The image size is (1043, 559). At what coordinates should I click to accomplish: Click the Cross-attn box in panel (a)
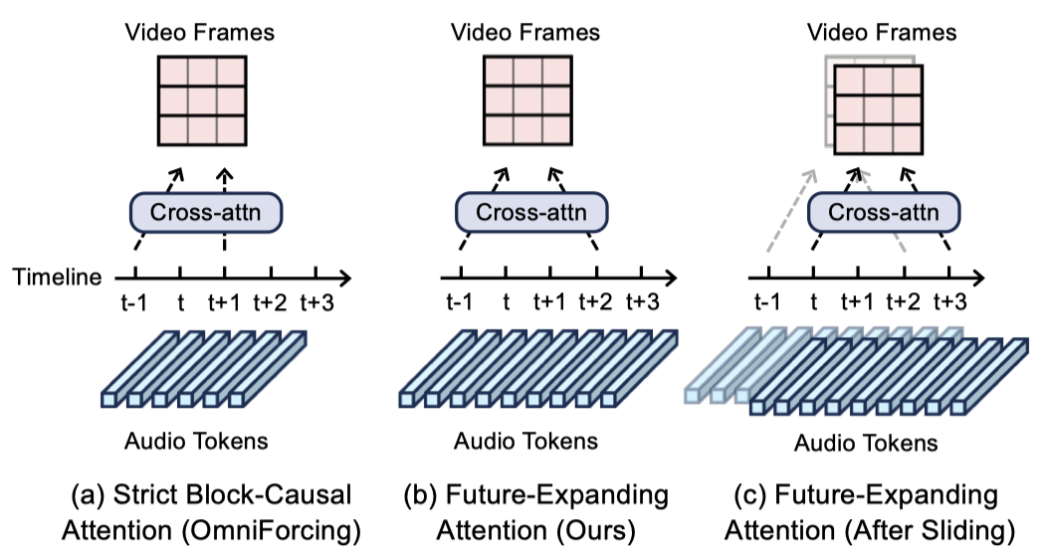[x=206, y=213]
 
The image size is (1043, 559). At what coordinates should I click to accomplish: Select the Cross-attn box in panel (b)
[x=531, y=213]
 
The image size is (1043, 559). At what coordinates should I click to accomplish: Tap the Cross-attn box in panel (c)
[x=884, y=213]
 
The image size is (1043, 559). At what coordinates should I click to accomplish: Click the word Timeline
[x=57, y=277]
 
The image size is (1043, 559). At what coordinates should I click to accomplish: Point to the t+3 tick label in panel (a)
[x=316, y=302]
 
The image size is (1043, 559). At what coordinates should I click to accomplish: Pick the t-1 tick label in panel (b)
[x=459, y=301]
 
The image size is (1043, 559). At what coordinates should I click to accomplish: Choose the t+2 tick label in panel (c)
[x=903, y=301]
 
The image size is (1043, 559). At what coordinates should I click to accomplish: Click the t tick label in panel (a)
[x=180, y=302]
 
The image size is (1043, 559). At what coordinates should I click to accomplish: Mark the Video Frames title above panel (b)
[x=525, y=32]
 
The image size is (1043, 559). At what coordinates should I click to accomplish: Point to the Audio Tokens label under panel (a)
[x=196, y=441]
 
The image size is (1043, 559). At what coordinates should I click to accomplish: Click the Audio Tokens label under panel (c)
[x=866, y=443]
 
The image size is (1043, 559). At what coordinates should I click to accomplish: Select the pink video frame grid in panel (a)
[x=202, y=100]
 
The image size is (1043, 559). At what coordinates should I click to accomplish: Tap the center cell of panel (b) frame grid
[x=527, y=100]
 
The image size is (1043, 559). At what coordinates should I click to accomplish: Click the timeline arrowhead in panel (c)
[x=977, y=278]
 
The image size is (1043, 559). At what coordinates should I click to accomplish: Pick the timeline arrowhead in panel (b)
[x=670, y=278]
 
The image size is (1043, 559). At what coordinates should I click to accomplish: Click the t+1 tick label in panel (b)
[x=549, y=301]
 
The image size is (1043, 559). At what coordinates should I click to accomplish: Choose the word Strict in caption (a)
[x=146, y=495]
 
